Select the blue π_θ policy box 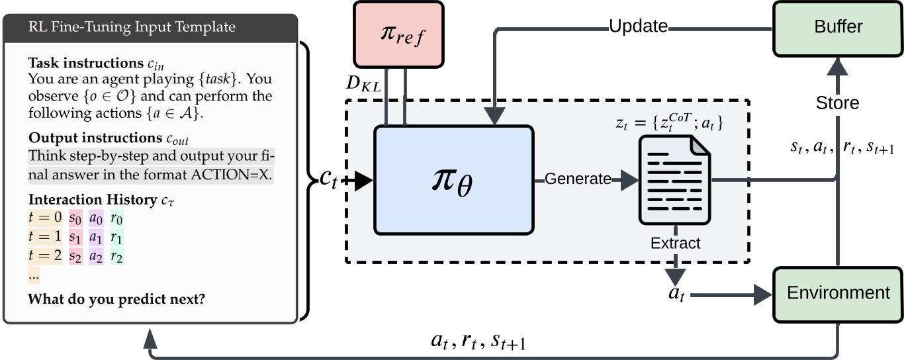(x=453, y=179)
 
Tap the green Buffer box (x=837, y=27)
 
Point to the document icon (x=674, y=179)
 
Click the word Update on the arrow (x=638, y=27)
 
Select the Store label (x=837, y=103)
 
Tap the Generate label (x=578, y=179)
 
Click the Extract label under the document (x=675, y=243)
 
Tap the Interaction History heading (x=92, y=199)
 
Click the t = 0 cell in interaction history (x=45, y=217)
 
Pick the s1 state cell (x=75, y=237)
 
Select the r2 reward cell (x=117, y=257)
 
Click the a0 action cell (x=97, y=217)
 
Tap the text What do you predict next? (x=116, y=299)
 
